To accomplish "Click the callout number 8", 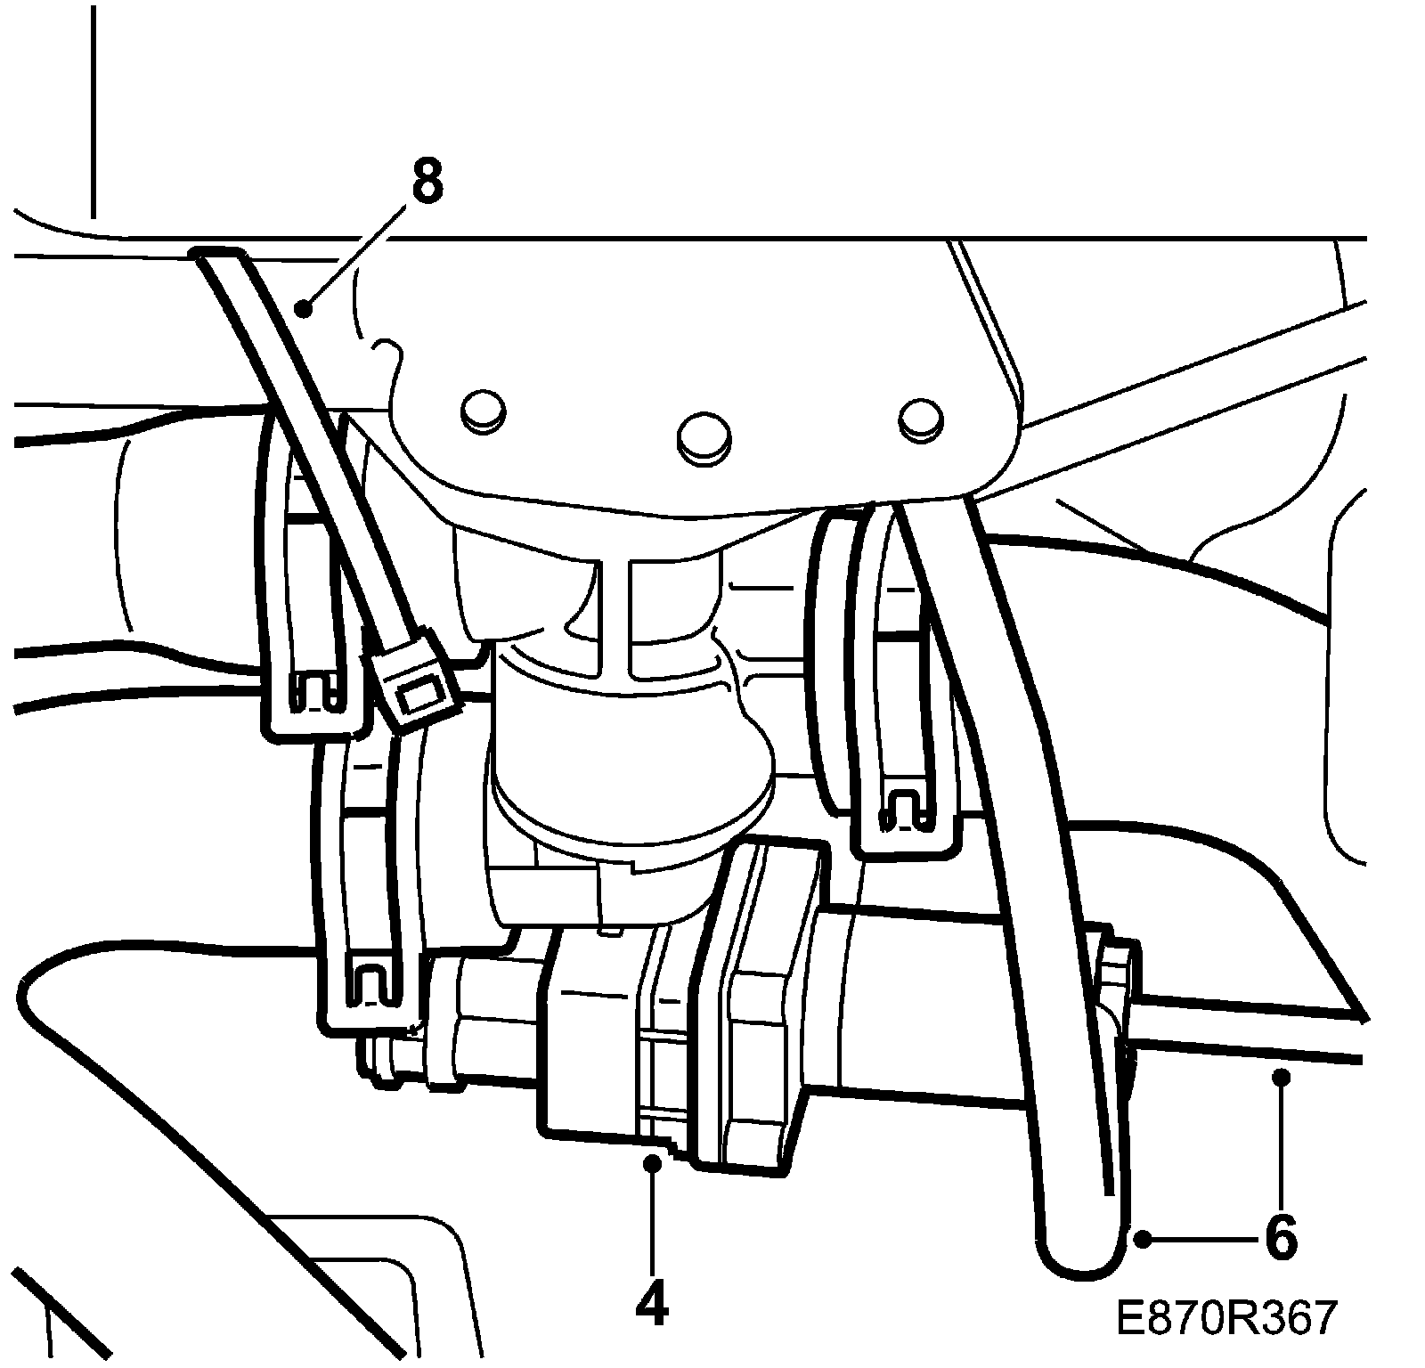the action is coord(427,180).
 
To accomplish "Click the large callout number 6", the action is coord(1281,1237).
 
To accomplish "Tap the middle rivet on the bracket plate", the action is coord(703,436).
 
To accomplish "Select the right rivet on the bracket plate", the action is coord(920,418).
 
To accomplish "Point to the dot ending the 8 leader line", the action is coord(305,309).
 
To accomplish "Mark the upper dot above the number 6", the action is coord(1281,1078).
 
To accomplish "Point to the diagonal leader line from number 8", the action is coord(356,254).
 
